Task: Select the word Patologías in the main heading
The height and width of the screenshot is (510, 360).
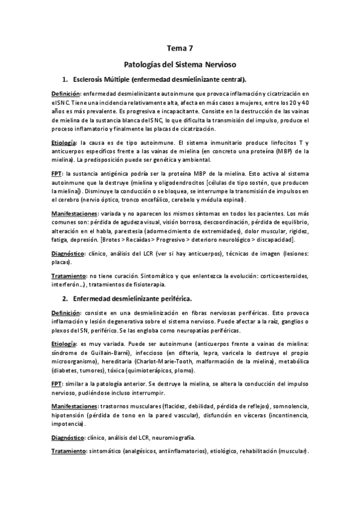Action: point(142,63)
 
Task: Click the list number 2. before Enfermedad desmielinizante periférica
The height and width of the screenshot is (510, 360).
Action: point(65,298)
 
